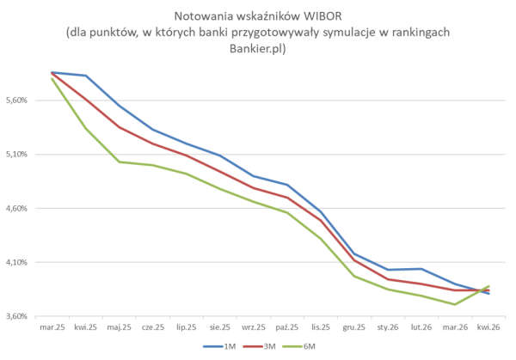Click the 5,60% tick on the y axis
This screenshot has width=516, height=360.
[x=19, y=101]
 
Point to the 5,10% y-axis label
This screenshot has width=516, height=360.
[x=19, y=155]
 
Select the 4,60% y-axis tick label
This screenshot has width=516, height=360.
[x=19, y=209]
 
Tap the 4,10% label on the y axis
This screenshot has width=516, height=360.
[x=19, y=262]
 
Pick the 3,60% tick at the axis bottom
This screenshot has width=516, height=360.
[x=19, y=316]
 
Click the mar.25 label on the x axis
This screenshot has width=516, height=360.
[x=52, y=327]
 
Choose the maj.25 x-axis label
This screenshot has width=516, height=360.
[x=119, y=327]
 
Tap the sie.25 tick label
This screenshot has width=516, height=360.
[x=220, y=327]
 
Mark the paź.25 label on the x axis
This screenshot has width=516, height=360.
[x=287, y=327]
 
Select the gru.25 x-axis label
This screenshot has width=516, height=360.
[x=354, y=327]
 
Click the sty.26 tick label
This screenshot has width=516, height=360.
[x=388, y=327]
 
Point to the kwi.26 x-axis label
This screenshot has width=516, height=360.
[x=488, y=327]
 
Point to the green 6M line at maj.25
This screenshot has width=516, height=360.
[x=120, y=162]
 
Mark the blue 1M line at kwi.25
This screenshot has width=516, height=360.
[x=86, y=76]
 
